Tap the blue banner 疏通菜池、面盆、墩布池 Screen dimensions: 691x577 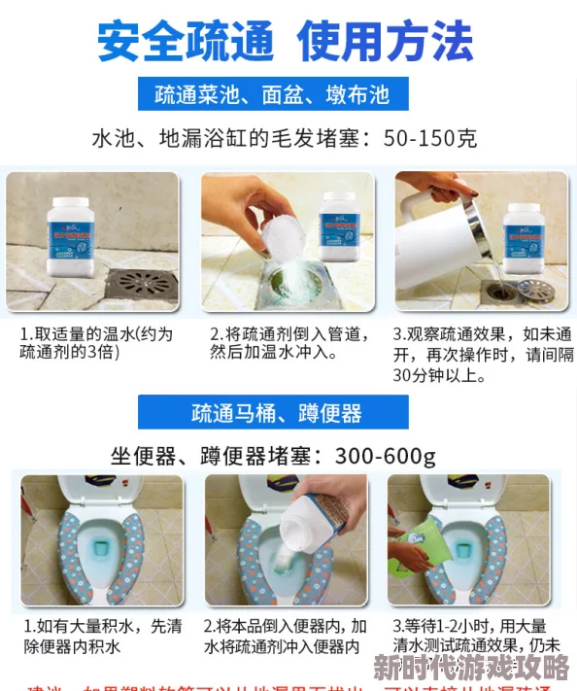[x=272, y=94]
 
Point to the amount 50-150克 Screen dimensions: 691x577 [x=427, y=138]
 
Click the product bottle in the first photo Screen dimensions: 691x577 [x=76, y=236]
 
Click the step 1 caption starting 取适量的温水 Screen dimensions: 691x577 [x=97, y=343]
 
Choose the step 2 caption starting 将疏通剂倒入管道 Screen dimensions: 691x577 [x=288, y=343]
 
